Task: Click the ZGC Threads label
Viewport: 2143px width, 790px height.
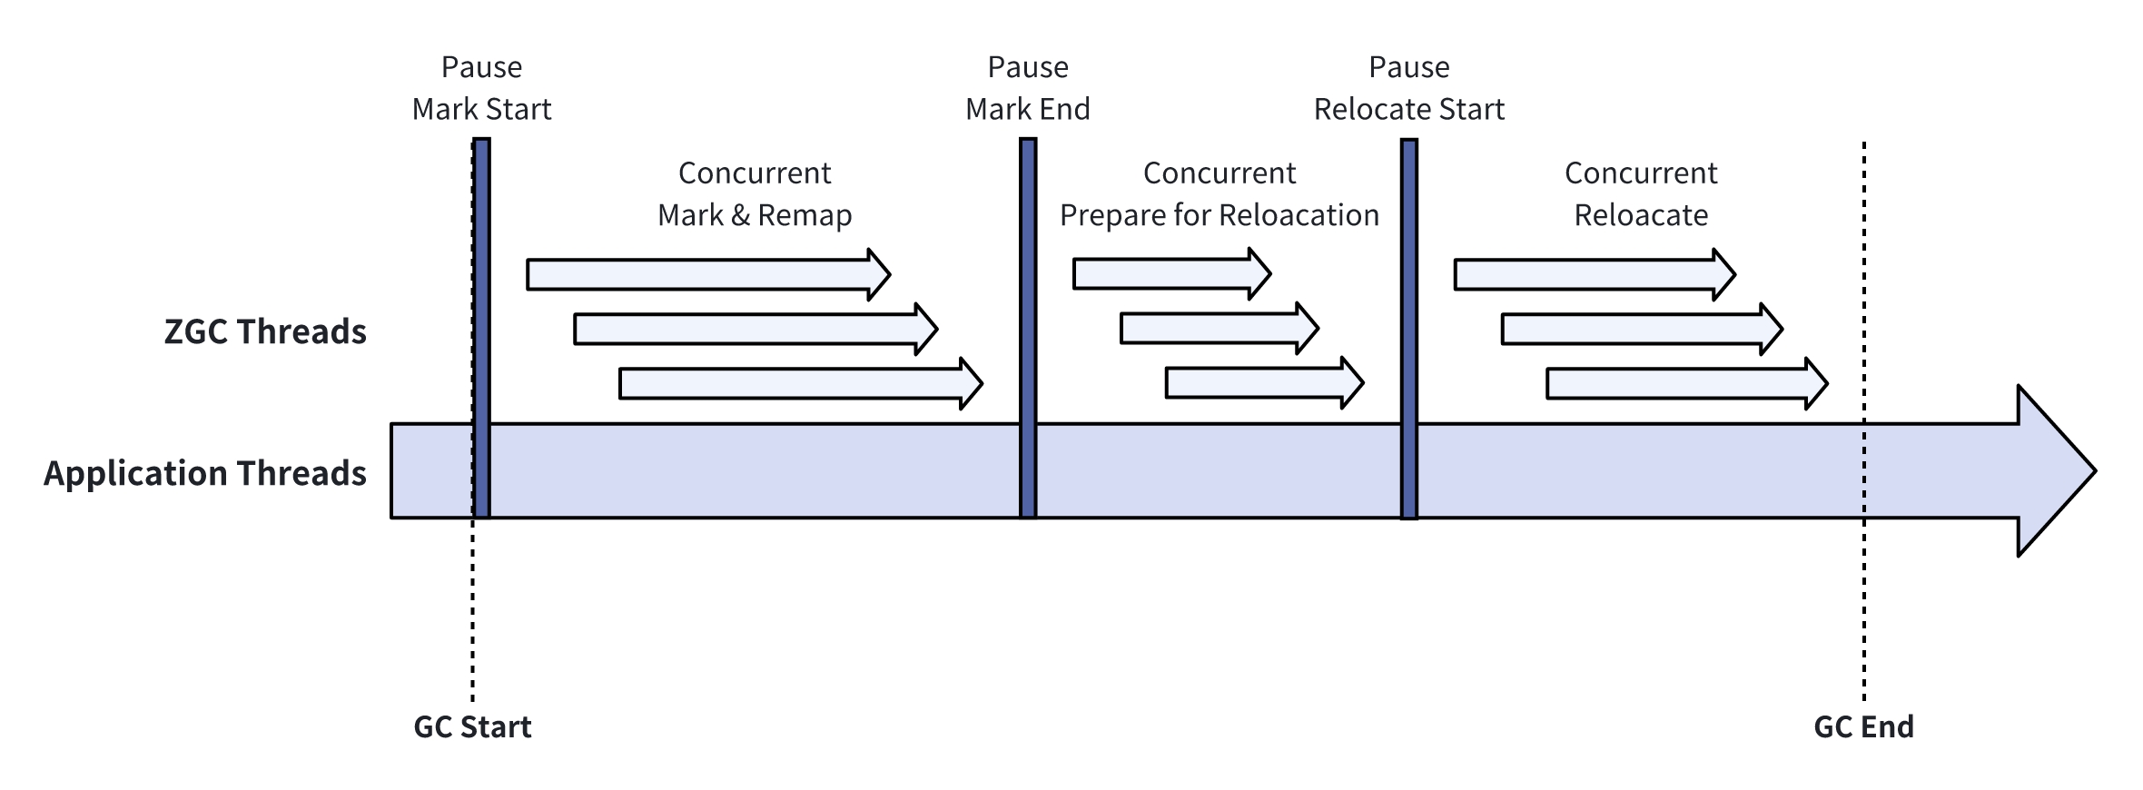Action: (x=265, y=332)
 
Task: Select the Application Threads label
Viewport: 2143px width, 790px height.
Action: (x=205, y=474)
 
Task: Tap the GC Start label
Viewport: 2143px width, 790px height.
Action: (x=472, y=727)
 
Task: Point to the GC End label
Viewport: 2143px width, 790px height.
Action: (x=1863, y=727)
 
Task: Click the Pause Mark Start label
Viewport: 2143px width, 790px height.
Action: (x=481, y=88)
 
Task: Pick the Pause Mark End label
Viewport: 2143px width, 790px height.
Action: (x=1027, y=88)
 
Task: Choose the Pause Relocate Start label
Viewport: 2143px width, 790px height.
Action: (x=1408, y=88)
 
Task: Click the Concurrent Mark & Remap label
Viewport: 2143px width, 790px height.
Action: (x=755, y=194)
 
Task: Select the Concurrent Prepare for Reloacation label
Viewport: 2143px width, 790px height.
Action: (x=1219, y=194)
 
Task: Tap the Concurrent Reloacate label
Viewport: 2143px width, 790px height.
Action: (x=1640, y=194)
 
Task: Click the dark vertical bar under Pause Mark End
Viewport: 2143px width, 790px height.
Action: (x=1028, y=327)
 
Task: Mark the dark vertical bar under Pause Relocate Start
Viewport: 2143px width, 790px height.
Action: (x=1408, y=327)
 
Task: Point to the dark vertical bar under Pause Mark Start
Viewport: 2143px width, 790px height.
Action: (x=482, y=327)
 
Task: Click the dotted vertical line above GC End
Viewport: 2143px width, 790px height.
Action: (x=1864, y=272)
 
